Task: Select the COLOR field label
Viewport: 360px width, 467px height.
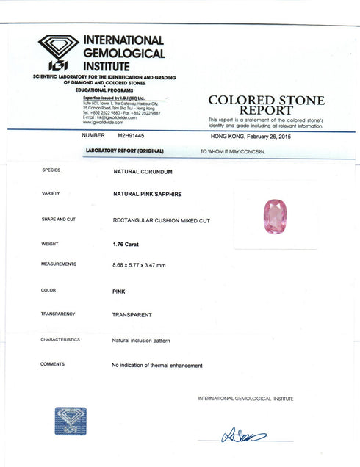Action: click(x=48, y=290)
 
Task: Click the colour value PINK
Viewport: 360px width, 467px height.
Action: click(x=118, y=291)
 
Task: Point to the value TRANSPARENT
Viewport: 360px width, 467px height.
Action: click(x=132, y=314)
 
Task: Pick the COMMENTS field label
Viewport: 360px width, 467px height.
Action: click(x=52, y=364)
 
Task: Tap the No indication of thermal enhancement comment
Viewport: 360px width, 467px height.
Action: click(x=156, y=365)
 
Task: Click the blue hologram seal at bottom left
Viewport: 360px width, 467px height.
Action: click(x=71, y=421)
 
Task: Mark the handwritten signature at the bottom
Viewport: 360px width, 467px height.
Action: click(x=243, y=436)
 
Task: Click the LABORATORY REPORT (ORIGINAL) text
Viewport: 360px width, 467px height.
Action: click(x=124, y=151)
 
